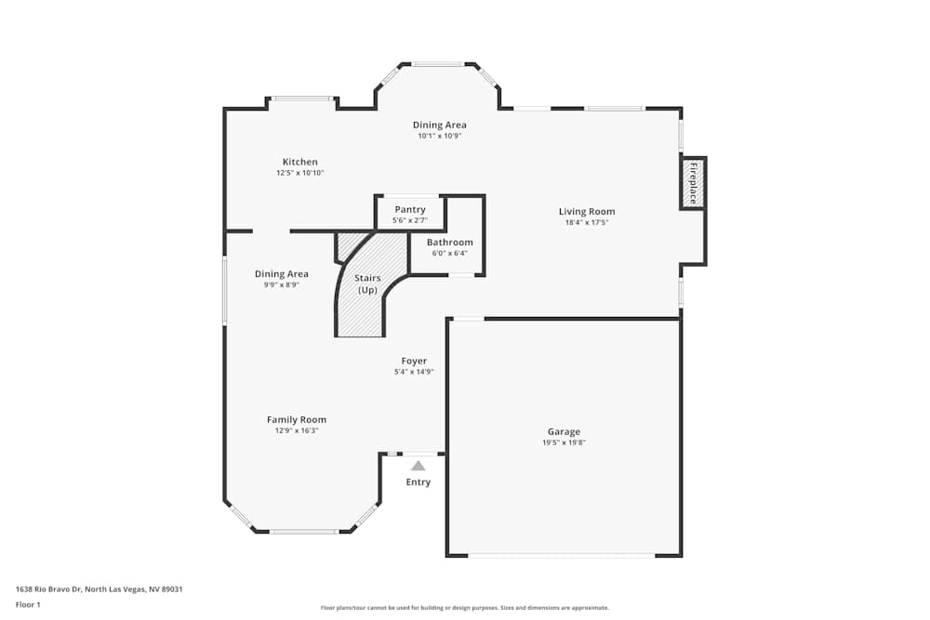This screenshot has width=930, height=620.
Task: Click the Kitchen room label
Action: point(299,162)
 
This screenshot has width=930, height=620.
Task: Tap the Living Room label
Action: point(586,211)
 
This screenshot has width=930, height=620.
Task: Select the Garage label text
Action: point(564,431)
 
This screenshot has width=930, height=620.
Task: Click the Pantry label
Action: point(409,209)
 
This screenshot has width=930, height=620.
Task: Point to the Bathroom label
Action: point(449,243)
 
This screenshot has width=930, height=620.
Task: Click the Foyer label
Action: point(414,361)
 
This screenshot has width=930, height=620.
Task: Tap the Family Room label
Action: point(296,419)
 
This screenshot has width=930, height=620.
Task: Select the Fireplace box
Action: point(693,183)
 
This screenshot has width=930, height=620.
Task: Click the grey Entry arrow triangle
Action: point(418,466)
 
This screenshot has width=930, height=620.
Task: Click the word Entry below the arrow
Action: point(418,482)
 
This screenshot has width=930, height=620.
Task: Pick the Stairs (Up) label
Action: point(366,284)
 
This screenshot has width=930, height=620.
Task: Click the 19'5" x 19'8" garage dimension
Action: point(564,443)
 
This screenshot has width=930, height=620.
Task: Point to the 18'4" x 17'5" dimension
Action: point(586,223)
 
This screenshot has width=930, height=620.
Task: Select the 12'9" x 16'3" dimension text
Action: point(296,431)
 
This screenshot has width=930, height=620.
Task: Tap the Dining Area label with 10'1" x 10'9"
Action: point(439,125)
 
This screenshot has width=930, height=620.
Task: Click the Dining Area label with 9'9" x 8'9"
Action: point(281,274)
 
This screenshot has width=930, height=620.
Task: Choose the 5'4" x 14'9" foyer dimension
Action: point(414,372)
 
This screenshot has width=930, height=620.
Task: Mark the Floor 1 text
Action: point(28,604)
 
